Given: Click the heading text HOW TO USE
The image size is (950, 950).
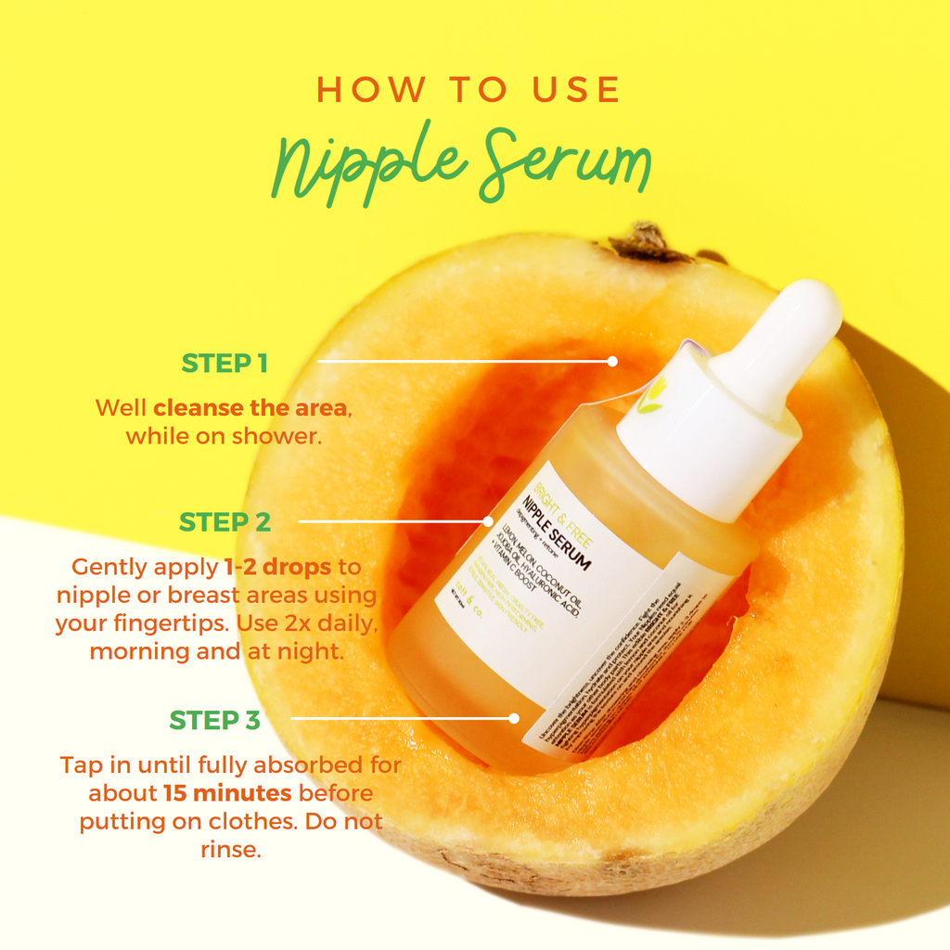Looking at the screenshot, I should point(468,90).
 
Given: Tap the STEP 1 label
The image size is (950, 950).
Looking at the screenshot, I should point(225,363).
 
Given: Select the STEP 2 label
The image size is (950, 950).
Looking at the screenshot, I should point(225,522).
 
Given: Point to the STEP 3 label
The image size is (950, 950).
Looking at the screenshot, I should point(215,720).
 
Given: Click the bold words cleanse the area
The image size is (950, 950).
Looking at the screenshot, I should point(251,407).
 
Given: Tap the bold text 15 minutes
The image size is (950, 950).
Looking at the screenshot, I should point(228,793).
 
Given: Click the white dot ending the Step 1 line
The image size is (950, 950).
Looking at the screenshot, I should point(612,361).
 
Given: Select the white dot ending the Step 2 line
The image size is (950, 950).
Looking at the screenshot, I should point(489,521).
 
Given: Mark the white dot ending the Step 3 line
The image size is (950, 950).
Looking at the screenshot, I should point(513,717).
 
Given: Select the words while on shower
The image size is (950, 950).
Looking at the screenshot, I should point(224,435).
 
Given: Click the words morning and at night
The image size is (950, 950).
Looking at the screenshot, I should point(217,651).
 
